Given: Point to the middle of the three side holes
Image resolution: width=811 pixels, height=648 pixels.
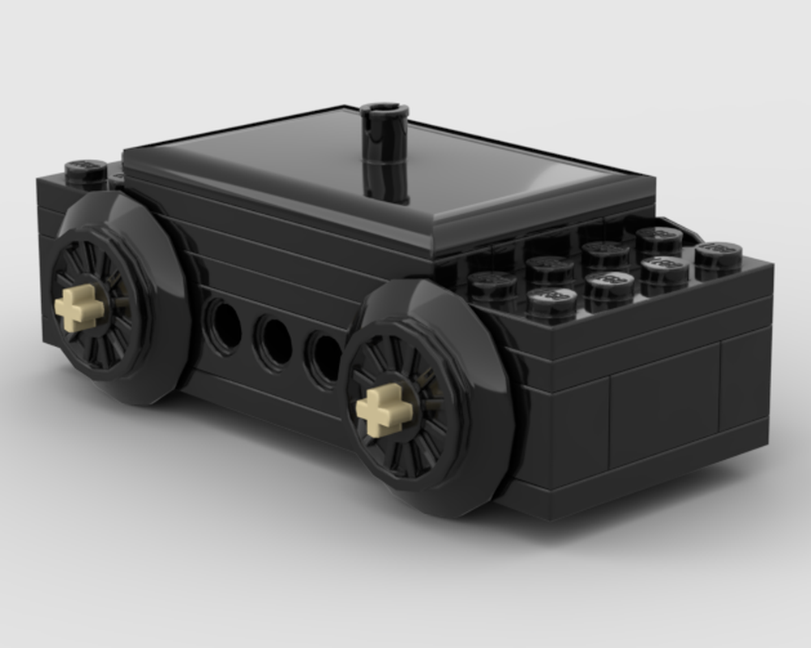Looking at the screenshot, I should point(274,341).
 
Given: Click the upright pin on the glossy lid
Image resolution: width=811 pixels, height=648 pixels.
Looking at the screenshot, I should point(384,154).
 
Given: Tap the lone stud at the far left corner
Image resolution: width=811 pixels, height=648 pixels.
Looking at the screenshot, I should point(85,171).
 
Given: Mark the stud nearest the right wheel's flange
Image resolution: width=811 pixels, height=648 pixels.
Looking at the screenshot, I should point(491,286).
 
